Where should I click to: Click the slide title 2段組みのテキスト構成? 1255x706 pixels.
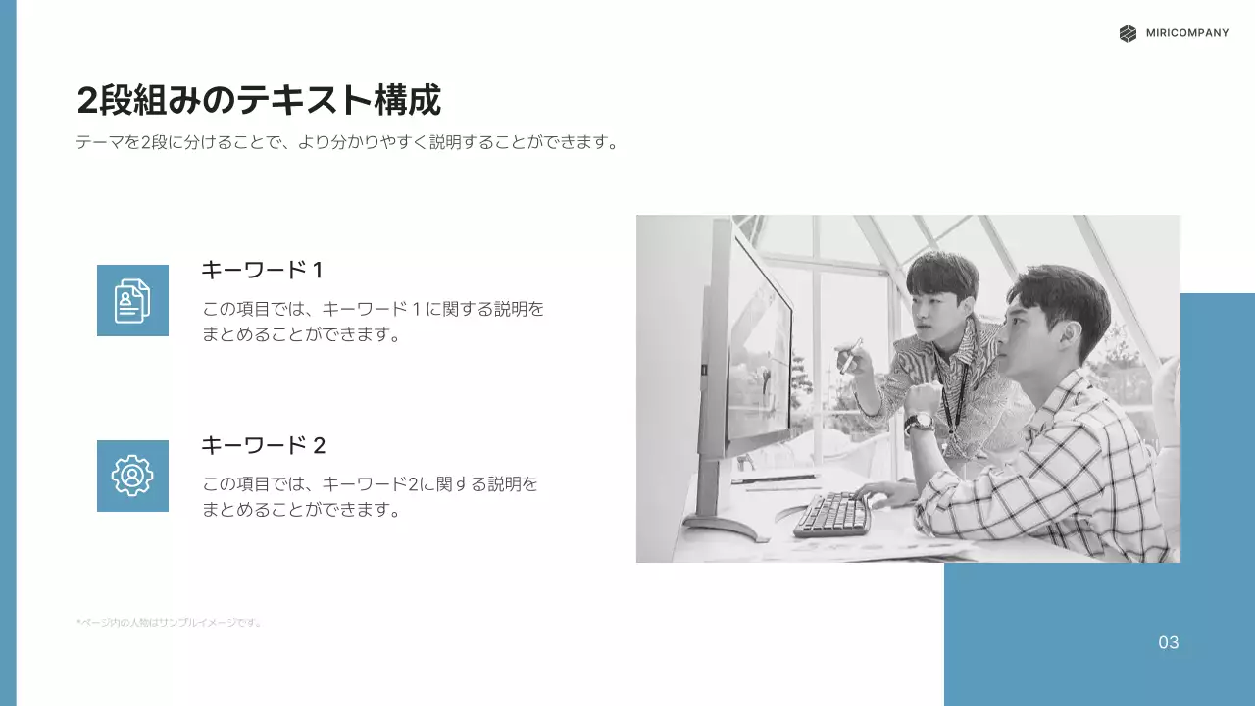pyautogui.click(x=259, y=100)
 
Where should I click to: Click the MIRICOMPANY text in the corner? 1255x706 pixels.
pyautogui.click(x=1186, y=33)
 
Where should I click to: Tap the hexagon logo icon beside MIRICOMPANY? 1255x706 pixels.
pyautogui.click(x=1128, y=33)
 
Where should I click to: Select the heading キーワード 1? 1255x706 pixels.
pyautogui.click(x=262, y=270)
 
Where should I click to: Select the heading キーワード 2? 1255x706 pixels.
pyautogui.click(x=263, y=445)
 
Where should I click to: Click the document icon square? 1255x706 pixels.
pyautogui.click(x=132, y=300)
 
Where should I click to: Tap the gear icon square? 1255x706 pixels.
pyautogui.click(x=132, y=476)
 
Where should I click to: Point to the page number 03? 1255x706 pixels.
pyautogui.click(x=1168, y=643)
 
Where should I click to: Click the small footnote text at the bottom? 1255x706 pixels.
pyautogui.click(x=169, y=622)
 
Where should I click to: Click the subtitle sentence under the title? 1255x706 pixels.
pyautogui.click(x=348, y=142)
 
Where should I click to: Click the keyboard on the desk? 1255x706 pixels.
pyautogui.click(x=832, y=514)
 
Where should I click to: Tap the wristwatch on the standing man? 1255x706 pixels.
pyautogui.click(x=919, y=422)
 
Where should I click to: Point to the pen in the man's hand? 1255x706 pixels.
pyautogui.click(x=850, y=356)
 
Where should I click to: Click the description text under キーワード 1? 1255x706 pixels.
pyautogui.click(x=373, y=322)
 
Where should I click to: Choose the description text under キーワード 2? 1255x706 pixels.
pyautogui.click(x=370, y=497)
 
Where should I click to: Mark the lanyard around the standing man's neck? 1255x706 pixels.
pyautogui.click(x=954, y=392)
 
